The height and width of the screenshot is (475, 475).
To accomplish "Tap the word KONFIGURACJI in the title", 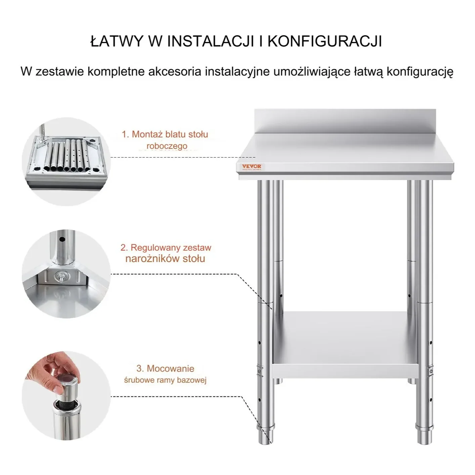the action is click(325, 41).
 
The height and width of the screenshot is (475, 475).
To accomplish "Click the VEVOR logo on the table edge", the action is click(251, 167).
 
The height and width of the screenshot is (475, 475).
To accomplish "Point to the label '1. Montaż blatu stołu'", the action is click(165, 134).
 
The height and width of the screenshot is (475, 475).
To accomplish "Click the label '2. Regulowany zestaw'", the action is click(166, 248).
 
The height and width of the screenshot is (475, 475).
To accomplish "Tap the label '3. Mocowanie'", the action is click(165, 369).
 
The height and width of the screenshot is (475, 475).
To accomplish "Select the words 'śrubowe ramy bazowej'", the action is click(165, 380).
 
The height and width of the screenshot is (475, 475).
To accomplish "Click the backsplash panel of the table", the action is click(345, 122).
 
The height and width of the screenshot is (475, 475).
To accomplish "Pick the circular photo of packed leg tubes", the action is click(66, 162).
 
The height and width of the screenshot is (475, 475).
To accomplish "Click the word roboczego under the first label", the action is click(167, 146).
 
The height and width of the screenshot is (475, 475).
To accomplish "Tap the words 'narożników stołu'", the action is click(165, 258).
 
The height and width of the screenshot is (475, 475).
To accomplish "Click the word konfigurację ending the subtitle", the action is click(420, 72).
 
